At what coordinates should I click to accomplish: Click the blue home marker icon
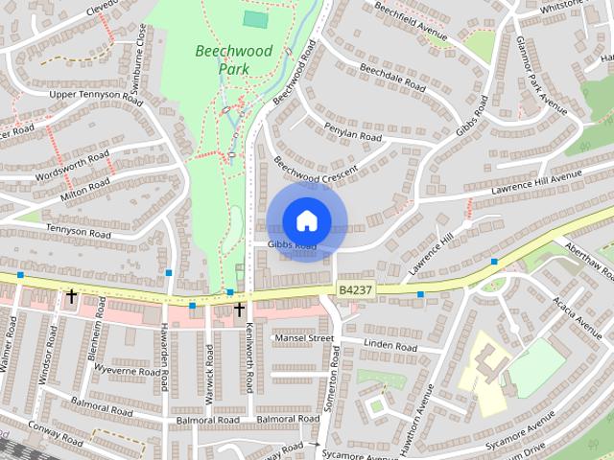coord(306,220)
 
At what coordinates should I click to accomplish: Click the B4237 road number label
coord(354,287)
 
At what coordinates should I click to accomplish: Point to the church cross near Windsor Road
coord(71,298)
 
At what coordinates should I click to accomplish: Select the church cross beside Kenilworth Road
coord(240,310)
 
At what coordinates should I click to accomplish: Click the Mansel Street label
coord(304,338)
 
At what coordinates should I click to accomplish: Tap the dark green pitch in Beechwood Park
coord(255,18)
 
